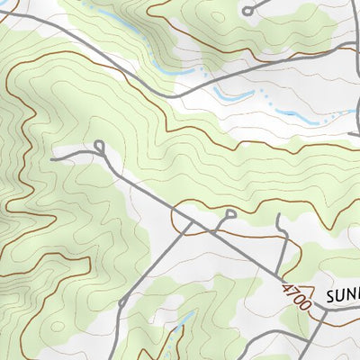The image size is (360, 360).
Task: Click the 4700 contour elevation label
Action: tap(296, 297)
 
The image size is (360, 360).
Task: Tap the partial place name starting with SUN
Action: tap(342, 296)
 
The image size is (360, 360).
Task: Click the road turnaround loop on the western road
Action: tap(98, 145)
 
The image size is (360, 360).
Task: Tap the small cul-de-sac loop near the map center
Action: tap(230, 213)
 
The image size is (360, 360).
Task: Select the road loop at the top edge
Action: tap(247, 10)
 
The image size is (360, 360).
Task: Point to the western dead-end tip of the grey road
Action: tap(53, 158)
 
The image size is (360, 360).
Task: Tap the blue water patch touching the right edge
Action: tap(353, 113)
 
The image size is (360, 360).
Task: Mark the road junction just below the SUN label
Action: tap(318, 314)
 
